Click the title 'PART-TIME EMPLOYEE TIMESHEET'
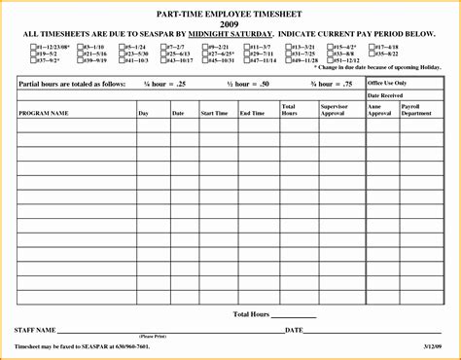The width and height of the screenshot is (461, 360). [230, 13]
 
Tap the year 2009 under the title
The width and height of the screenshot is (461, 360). [230, 23]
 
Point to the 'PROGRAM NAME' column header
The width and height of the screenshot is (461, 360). [44, 113]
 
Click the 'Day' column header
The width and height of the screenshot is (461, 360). [144, 113]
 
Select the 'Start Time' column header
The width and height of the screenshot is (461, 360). [213, 113]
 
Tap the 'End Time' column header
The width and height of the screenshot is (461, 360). [252, 113]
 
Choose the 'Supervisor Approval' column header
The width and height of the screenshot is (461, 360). [333, 109]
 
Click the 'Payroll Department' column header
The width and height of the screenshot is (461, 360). [417, 109]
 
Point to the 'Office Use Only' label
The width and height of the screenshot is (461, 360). [387, 83]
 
